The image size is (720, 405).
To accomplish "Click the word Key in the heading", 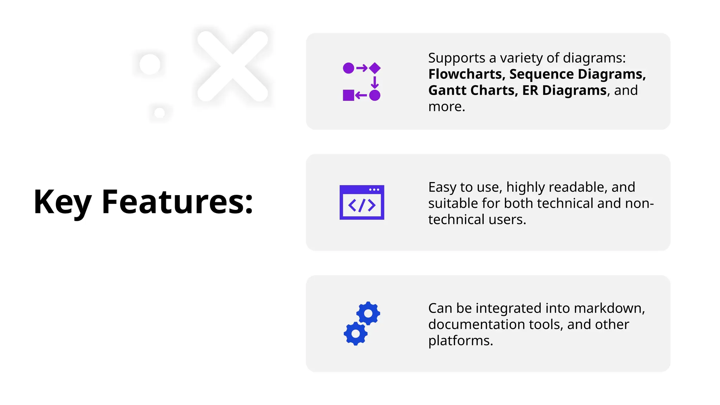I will (62, 202).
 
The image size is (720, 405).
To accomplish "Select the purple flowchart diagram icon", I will (361, 81).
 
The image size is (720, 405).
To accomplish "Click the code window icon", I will (361, 202).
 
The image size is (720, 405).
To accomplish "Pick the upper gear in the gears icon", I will (368, 313).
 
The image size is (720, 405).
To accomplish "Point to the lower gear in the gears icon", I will (355, 333).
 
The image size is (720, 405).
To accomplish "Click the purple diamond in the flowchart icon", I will (375, 68).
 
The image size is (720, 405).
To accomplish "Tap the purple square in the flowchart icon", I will (348, 95).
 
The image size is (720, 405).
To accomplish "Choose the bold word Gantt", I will (447, 90).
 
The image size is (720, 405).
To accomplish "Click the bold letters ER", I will (530, 90).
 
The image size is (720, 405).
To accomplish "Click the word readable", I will (578, 187).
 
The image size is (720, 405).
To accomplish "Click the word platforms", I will (460, 341).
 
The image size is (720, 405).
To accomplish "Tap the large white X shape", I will (232, 66).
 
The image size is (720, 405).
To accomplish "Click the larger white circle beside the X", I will (150, 64).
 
